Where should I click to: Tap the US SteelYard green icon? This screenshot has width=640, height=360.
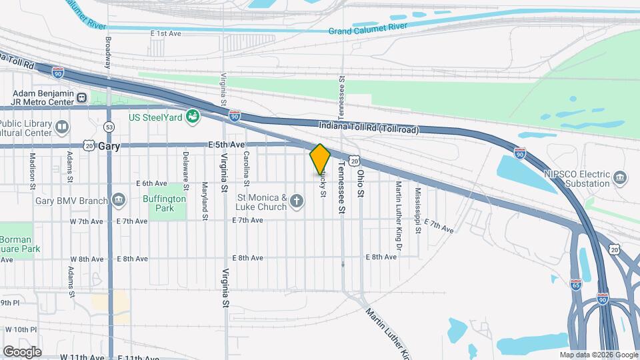pyautogui.click(x=193, y=117)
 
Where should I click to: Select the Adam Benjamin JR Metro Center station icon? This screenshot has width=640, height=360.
pyautogui.click(x=82, y=98)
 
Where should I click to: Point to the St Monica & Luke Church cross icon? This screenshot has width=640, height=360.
pyautogui.click(x=297, y=202)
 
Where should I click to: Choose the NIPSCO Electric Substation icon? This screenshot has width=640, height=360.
pyautogui.click(x=621, y=177)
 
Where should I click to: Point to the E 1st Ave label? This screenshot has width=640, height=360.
pyautogui.click(x=166, y=33)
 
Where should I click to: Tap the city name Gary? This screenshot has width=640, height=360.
pyautogui.click(x=107, y=146)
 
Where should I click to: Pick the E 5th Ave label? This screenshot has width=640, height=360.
pyautogui.click(x=227, y=145)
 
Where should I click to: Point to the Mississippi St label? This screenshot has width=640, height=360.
pyautogui.click(x=418, y=210)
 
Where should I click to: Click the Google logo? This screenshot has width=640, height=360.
pyautogui.click(x=22, y=351)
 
